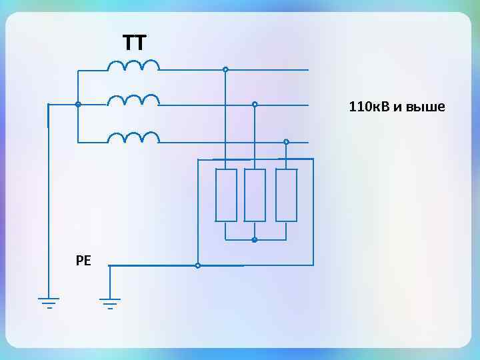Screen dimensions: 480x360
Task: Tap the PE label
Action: pos(83,261)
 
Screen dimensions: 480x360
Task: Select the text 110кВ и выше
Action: pos(397,107)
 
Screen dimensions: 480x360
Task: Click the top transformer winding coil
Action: pos(133,65)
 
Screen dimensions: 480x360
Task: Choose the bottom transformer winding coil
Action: pos(133,137)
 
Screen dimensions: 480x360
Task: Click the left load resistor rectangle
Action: pos(226,195)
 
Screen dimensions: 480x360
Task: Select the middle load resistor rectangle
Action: pos(255,195)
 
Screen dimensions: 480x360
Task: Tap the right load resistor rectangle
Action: pos(286,195)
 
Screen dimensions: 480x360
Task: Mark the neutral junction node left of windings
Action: pos(78,105)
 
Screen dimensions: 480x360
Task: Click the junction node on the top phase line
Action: pos(225,69)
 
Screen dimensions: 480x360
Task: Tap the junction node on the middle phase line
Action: pos(255,104)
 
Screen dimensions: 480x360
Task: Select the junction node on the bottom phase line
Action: pos(286,141)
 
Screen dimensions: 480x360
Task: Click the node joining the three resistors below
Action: pos(255,240)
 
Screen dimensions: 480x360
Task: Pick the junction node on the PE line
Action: pos(197,265)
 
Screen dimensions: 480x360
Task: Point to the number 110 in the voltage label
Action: pos(358,107)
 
